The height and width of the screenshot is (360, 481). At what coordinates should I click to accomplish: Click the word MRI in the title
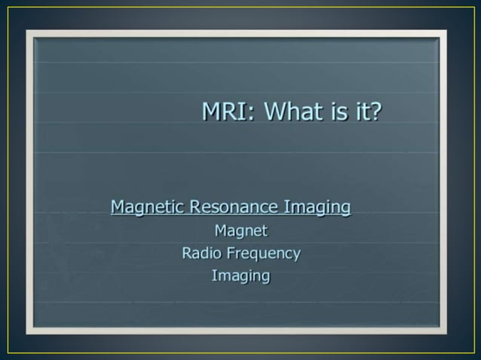219,112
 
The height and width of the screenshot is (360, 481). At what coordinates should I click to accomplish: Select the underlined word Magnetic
148,206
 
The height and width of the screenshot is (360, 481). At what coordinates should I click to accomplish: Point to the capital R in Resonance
195,206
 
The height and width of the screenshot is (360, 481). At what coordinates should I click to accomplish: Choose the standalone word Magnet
240,230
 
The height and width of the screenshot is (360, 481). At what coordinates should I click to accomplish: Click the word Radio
200,253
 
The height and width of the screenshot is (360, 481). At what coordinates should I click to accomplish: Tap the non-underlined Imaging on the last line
240,276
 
